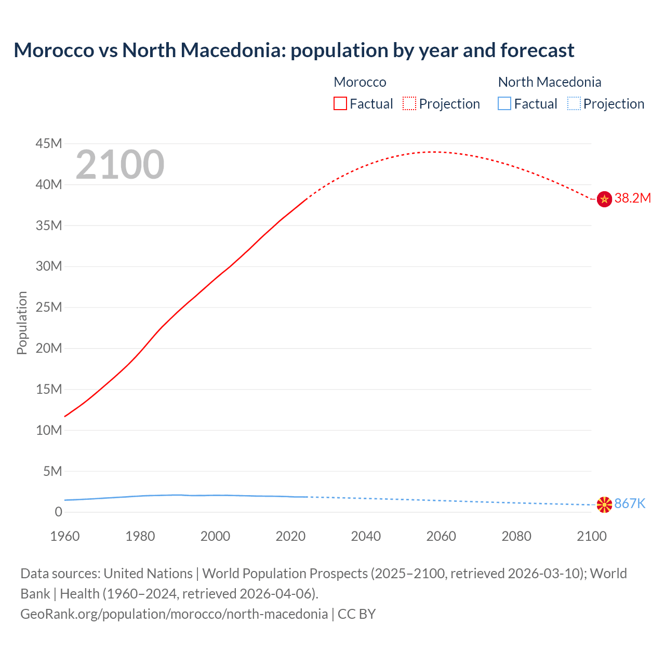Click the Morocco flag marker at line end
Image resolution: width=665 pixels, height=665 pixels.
(604, 199)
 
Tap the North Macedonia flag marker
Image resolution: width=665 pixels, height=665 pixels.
(604, 504)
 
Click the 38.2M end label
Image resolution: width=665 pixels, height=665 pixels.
(632, 198)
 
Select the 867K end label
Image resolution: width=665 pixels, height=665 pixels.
(630, 503)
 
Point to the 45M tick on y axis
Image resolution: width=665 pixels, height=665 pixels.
(49, 143)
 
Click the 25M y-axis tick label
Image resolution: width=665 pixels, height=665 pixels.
(49, 307)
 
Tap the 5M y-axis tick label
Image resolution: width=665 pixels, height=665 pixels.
(52, 471)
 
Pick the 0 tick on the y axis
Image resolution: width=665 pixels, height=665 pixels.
(58, 512)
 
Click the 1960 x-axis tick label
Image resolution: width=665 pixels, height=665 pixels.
(65, 536)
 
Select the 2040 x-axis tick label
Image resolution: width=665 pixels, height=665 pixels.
(366, 536)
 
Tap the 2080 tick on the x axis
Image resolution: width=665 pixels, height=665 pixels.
(516, 536)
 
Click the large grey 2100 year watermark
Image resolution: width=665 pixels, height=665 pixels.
(120, 165)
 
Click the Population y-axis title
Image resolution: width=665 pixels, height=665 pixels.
(22, 323)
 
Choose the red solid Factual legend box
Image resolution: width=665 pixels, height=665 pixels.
(340, 103)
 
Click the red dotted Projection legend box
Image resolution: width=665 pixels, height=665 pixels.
(409, 103)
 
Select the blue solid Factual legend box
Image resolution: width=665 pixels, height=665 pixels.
(504, 103)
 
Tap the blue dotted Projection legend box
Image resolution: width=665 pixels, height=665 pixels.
(574, 103)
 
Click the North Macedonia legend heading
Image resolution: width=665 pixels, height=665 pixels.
(549, 82)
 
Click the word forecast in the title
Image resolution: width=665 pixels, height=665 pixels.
(537, 50)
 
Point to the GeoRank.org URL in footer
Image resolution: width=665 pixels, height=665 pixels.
(174, 614)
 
